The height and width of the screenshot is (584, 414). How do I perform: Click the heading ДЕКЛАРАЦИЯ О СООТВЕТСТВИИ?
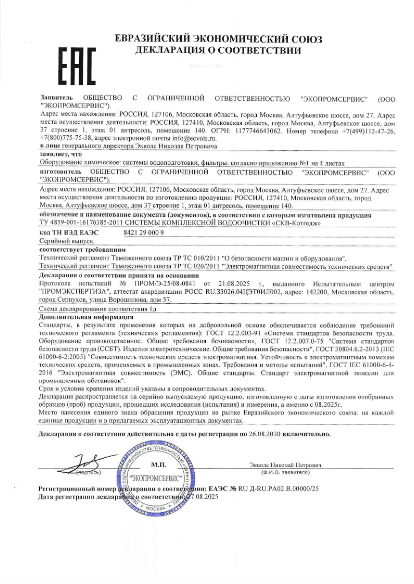(218, 50)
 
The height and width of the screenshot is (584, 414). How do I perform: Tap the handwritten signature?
(83, 463)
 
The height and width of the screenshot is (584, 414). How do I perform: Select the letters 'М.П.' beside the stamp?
(158, 464)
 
